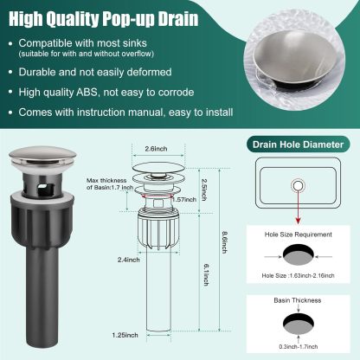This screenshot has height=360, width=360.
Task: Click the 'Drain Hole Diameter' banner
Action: click(x=299, y=145)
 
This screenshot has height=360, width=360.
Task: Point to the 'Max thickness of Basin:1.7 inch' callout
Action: click(x=109, y=183)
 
